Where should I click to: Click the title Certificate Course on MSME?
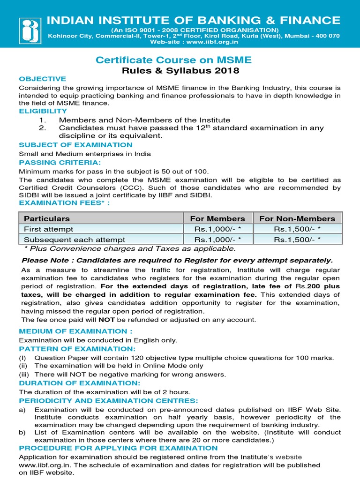[x=173, y=60]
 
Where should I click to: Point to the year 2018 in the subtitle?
[x=227, y=71]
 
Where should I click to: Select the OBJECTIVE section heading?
[x=42, y=79]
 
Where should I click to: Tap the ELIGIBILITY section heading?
[x=43, y=111]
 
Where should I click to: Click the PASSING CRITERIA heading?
[x=60, y=162]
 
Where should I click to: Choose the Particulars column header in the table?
[x=47, y=218]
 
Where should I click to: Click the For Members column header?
[x=217, y=218]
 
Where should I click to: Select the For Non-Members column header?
[x=297, y=218]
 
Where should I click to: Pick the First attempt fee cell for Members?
[x=217, y=229]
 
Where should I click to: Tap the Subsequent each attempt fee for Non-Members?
[x=297, y=239]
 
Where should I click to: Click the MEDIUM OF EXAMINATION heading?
[x=73, y=331]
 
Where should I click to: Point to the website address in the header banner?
[x=194, y=42]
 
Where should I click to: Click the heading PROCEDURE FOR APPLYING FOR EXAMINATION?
[x=118, y=449]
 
